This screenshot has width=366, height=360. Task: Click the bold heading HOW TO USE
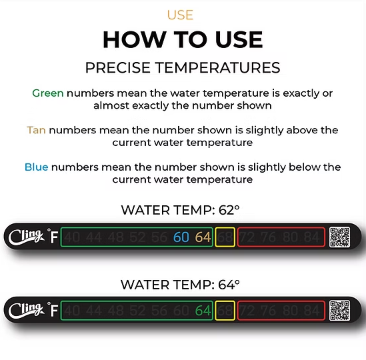[183, 40]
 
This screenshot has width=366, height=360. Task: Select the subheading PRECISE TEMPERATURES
[183, 68]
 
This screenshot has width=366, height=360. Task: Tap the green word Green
[48, 93]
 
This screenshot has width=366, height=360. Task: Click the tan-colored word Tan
[36, 131]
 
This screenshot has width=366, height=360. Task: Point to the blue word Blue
[36, 167]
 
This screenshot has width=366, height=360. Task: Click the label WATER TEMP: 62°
[180, 211]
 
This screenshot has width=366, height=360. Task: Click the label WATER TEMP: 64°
[180, 285]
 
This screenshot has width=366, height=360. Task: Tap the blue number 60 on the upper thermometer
[181, 237]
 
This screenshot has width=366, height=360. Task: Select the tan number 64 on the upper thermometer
[203, 237]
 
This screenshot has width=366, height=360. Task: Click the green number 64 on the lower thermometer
[203, 311]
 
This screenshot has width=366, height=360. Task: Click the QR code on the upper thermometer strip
[340, 237]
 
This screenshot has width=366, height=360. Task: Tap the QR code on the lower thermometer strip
[340, 311]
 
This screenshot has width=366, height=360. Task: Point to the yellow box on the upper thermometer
[225, 237]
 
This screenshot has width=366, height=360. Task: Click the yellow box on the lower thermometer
[225, 311]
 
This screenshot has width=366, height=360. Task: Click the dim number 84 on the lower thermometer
[312, 311]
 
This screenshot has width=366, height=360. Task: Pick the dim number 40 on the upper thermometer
[73, 237]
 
